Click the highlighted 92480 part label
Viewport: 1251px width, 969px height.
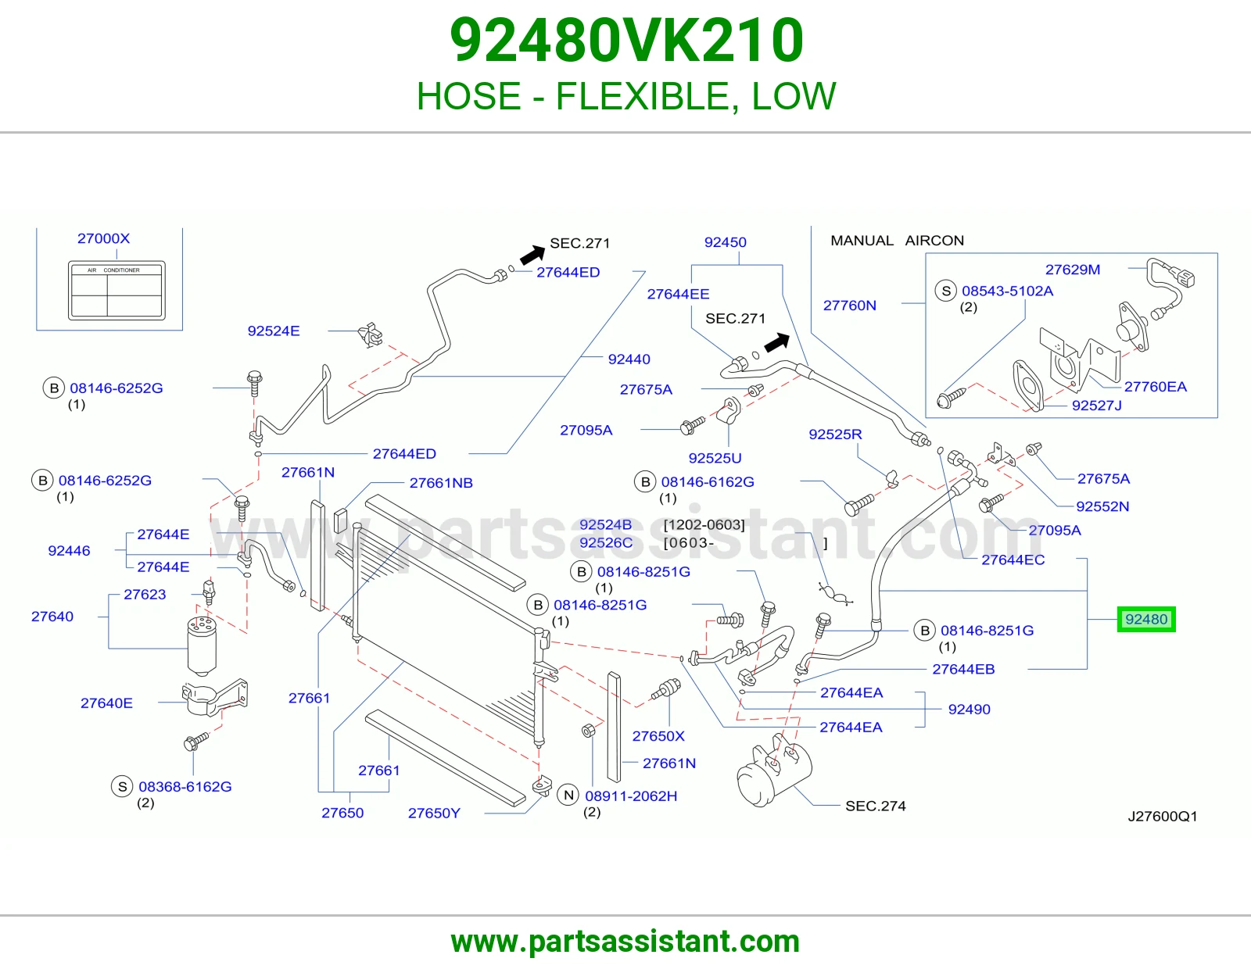point(1145,619)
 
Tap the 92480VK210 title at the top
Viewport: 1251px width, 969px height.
point(625,41)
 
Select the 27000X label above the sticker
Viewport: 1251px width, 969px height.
point(104,238)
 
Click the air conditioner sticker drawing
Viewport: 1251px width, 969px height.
point(116,291)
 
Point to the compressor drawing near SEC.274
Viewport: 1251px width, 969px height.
point(774,770)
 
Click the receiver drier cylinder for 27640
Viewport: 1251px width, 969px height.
point(202,645)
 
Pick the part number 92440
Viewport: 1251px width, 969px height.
point(629,359)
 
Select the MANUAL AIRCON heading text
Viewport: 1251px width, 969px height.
point(897,241)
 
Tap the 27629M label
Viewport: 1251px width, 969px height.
point(1073,270)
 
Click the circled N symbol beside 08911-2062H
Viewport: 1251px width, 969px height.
point(568,796)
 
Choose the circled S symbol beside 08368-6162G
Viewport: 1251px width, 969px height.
point(122,786)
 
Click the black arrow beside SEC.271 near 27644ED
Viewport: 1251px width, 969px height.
point(532,255)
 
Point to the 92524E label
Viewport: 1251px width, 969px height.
point(274,331)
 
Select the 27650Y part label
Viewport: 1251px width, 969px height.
point(434,813)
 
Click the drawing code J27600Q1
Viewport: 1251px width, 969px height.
point(1163,816)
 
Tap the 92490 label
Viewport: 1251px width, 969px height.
point(970,709)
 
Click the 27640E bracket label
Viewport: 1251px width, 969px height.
point(106,703)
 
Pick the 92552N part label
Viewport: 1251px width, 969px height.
point(1102,506)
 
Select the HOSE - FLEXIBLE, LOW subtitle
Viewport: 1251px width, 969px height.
point(625,96)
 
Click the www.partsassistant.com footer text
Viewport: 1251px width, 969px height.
point(625,942)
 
